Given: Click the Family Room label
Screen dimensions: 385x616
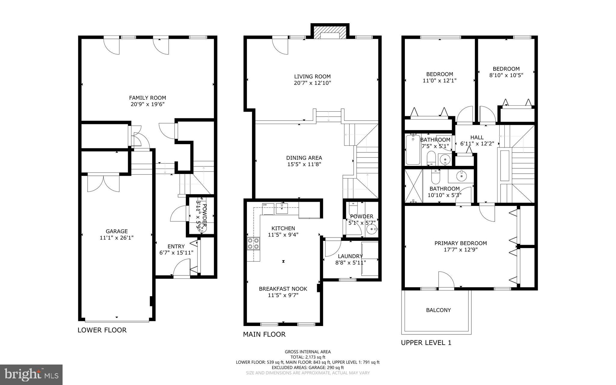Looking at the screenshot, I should click(147, 98).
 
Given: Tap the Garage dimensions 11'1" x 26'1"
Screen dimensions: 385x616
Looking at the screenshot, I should click(116, 238).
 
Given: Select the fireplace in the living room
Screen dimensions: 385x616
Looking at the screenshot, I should click(330, 33).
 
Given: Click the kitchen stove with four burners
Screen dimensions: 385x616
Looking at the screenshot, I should click(253, 244).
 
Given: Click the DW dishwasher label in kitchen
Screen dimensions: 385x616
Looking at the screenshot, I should click(265, 205).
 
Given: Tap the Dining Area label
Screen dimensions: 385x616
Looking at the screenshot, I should click(304, 158).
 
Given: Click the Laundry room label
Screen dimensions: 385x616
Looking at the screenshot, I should click(350, 256).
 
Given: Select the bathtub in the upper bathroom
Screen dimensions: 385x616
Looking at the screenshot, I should click(413, 150).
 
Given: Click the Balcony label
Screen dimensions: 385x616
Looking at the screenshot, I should click(438, 310).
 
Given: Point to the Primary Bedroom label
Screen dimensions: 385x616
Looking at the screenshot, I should click(460, 243).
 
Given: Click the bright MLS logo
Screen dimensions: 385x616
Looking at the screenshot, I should click(31, 374).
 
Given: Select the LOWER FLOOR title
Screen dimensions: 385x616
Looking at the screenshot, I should click(102, 330).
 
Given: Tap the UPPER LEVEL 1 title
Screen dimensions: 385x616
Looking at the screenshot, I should click(426, 343).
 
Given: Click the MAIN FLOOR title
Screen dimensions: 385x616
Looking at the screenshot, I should click(264, 334).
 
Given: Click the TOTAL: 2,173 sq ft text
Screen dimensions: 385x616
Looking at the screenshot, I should click(308, 357).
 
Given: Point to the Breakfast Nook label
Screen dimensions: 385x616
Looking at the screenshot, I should click(283, 289).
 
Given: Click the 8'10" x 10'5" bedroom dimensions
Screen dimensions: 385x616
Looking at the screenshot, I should click(506, 75).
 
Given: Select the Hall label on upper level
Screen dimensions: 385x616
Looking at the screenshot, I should click(477, 137).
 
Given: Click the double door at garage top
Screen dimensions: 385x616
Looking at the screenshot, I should click(103, 183).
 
